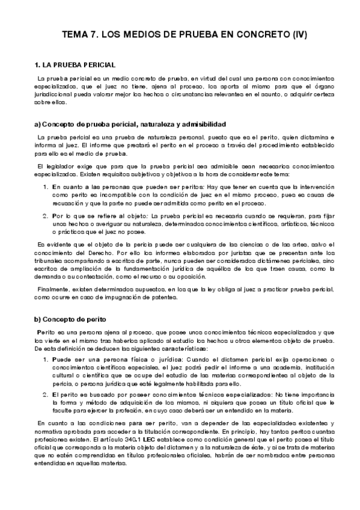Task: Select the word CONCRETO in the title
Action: click(260, 35)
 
